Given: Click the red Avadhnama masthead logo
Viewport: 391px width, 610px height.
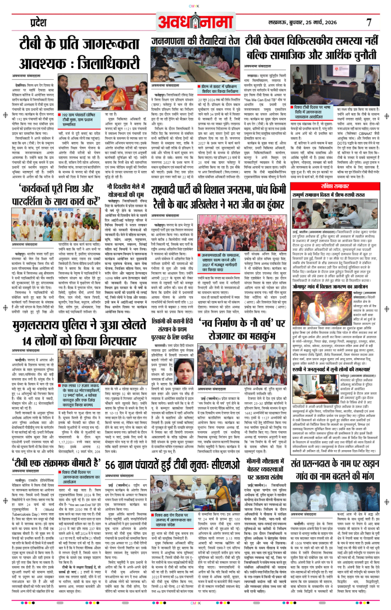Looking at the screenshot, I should tap(196, 22).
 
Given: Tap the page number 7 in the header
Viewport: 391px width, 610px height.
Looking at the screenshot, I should tap(368, 22).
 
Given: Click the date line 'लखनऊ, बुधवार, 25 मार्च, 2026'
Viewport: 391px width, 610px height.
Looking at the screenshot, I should tap(302, 22).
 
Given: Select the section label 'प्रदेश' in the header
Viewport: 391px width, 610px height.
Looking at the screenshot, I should tap(38, 22).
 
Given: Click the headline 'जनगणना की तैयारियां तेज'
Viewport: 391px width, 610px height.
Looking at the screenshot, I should tap(195, 41).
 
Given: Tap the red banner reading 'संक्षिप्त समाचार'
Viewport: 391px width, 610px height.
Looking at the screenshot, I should tap(334, 186).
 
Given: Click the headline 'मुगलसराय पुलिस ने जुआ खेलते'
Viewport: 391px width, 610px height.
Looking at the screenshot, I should tap(79, 325).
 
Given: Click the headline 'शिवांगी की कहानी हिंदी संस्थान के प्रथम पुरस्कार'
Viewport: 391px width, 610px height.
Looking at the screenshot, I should tap(173, 329).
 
